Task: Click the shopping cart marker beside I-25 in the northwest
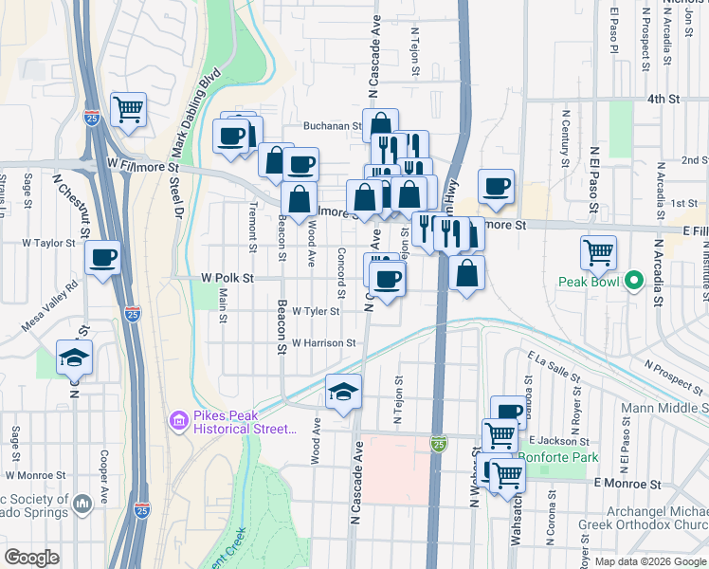pos(128,109)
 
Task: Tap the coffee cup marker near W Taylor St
pos(103,256)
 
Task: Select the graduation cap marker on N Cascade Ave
pos(342,391)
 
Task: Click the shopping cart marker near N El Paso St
pos(598,252)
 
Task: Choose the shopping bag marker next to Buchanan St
pos(380,125)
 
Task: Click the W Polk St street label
pos(227,278)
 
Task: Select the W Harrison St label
pos(323,343)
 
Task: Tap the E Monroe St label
pos(626,484)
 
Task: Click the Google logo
pos(31,557)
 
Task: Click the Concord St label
pos(340,270)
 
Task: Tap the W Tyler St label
pos(316,311)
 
